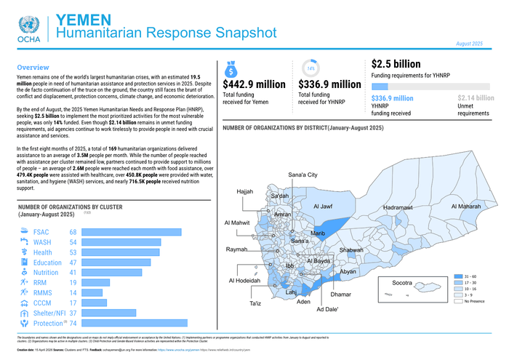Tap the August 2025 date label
click(469, 44)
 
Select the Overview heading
click(33, 67)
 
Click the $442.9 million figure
click(254, 85)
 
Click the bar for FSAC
click(130, 231)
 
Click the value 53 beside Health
click(73, 252)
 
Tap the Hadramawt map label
click(398, 207)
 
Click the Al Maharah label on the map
click(465, 207)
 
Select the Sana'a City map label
click(302, 175)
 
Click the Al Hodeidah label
click(244, 281)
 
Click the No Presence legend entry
click(474, 300)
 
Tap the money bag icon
click(230, 69)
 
